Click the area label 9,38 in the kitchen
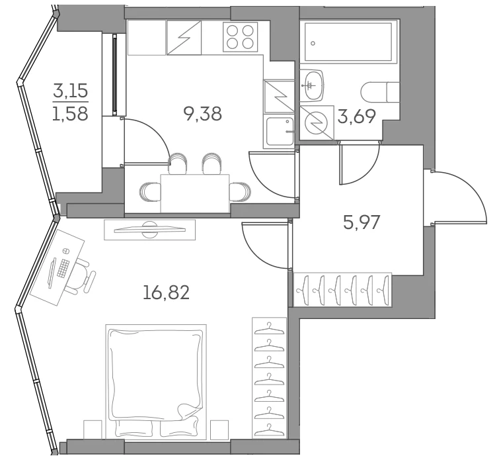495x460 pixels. coord(202,114)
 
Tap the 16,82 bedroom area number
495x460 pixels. coord(166,293)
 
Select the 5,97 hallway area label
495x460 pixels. coord(362,222)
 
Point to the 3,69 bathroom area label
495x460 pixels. coord(356,116)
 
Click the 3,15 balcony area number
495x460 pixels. coord(71,92)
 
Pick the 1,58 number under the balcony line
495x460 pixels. coord(71,113)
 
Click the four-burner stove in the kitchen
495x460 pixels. coord(241,36)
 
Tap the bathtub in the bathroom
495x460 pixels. coord(348,42)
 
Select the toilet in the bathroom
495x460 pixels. coord(380,91)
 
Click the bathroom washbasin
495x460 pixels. coord(312,85)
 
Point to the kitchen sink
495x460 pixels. coord(280,132)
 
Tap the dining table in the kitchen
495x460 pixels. coord(195,193)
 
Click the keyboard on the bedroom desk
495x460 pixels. coord(63,268)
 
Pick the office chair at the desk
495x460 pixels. coord(81,275)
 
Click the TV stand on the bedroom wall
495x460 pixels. coord(149,230)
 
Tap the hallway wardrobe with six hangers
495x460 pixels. coord(343,290)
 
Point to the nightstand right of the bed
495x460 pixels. coord(219,430)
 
